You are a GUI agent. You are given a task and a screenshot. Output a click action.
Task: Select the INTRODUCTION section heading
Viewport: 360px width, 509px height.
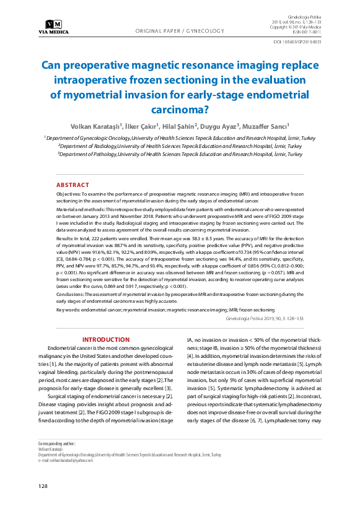pyautogui.click(x=106, y=339)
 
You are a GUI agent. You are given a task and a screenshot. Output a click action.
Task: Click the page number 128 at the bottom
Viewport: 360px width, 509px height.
pyautogui.click(x=43, y=487)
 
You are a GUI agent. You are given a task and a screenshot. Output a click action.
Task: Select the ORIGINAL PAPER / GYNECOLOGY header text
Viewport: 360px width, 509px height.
pyautogui.click(x=180, y=30)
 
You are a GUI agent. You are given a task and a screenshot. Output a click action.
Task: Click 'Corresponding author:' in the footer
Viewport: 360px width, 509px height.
pyautogui.click(x=57, y=444)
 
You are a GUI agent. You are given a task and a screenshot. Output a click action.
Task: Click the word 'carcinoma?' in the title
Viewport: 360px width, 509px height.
pyautogui.click(x=180, y=110)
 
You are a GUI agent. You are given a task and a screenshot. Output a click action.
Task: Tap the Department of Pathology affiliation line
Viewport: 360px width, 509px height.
pyautogui.click(x=180, y=154)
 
